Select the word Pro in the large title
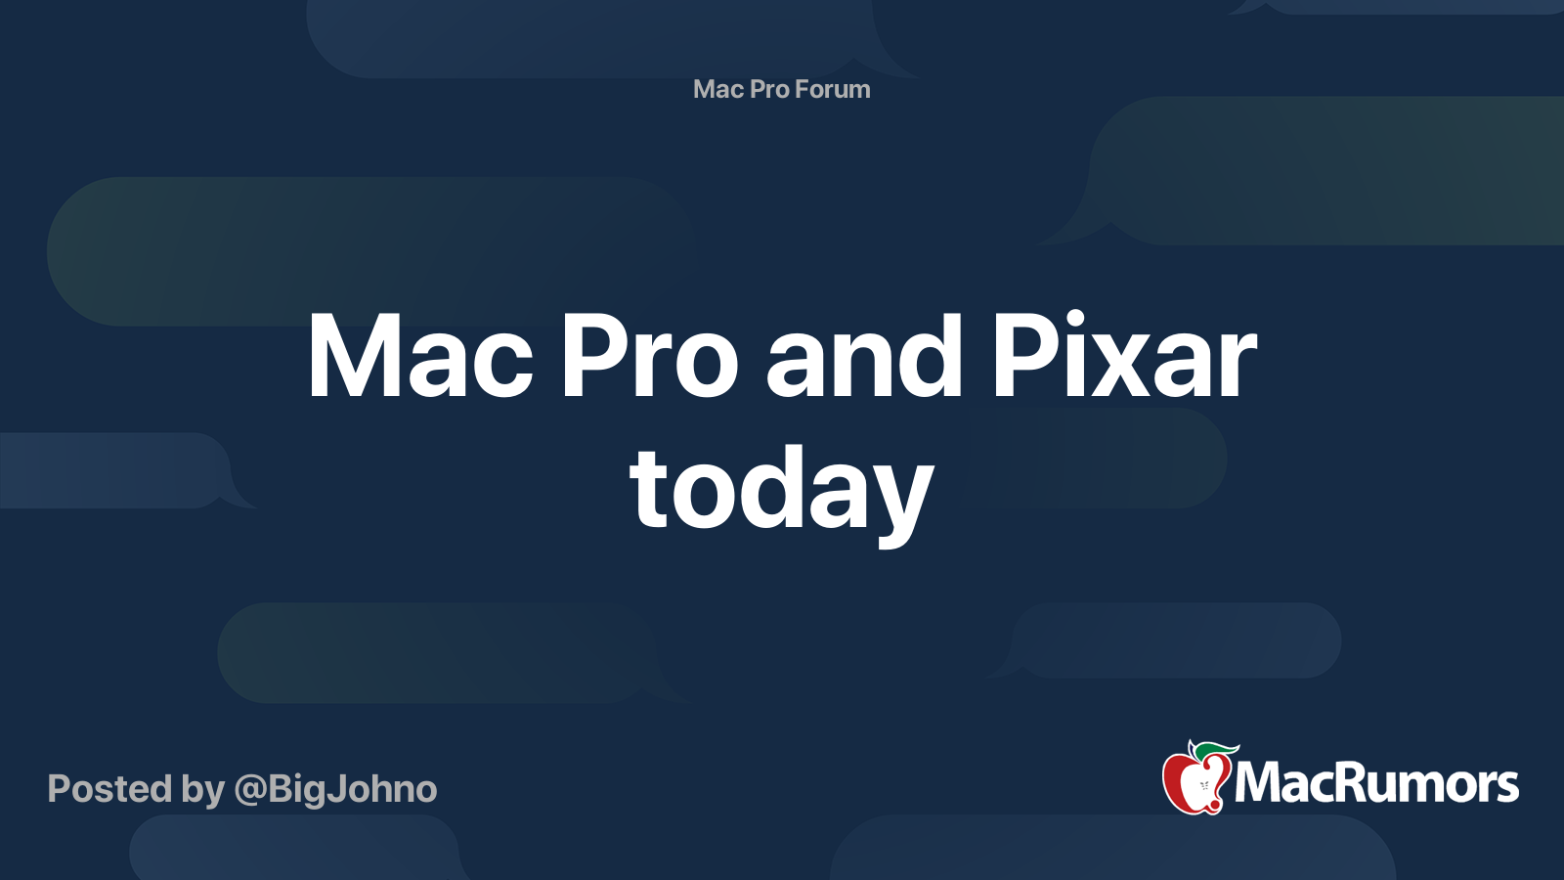[x=648, y=357]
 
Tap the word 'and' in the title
[x=865, y=357]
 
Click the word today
[x=782, y=489]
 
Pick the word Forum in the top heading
[x=832, y=89]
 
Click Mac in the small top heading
[x=718, y=89]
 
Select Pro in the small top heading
[x=769, y=89]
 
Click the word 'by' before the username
[x=203, y=790]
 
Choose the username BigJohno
[x=352, y=789]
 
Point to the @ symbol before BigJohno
[x=250, y=790]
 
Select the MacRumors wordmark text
[x=1376, y=784]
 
